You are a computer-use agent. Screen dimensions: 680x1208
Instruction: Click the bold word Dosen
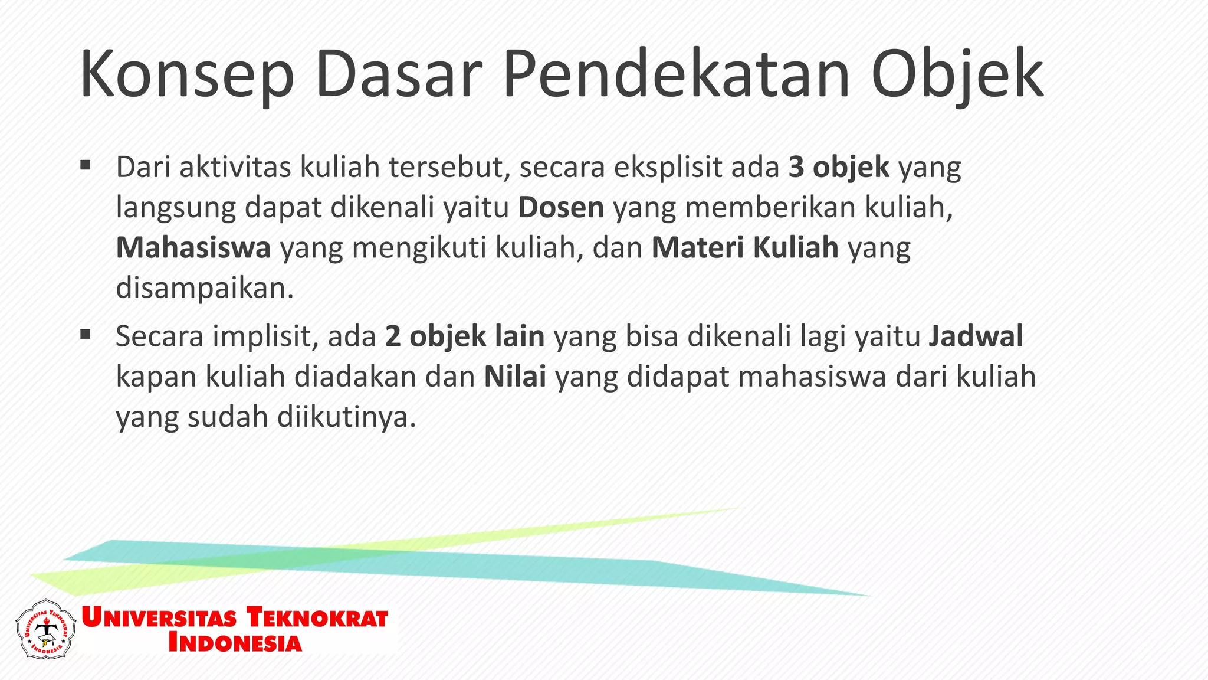pyautogui.click(x=561, y=208)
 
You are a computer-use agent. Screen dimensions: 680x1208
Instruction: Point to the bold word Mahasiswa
pyautogui.click(x=193, y=248)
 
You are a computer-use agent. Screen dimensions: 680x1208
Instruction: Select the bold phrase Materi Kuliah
pyautogui.click(x=745, y=248)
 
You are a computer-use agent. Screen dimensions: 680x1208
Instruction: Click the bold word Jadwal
pyautogui.click(x=976, y=336)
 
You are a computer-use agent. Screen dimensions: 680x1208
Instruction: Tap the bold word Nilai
pyautogui.click(x=515, y=377)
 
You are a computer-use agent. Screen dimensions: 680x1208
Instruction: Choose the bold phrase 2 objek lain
pyautogui.click(x=465, y=336)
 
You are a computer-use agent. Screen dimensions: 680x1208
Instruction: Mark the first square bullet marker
pyautogui.click(x=86, y=165)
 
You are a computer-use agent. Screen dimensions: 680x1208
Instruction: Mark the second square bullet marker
pyautogui.click(x=86, y=335)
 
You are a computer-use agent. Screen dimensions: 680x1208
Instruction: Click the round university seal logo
pyautogui.click(x=45, y=629)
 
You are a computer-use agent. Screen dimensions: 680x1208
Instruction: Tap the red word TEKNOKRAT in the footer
pyautogui.click(x=317, y=617)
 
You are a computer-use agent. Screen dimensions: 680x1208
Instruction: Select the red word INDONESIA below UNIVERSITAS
pyautogui.click(x=235, y=643)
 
